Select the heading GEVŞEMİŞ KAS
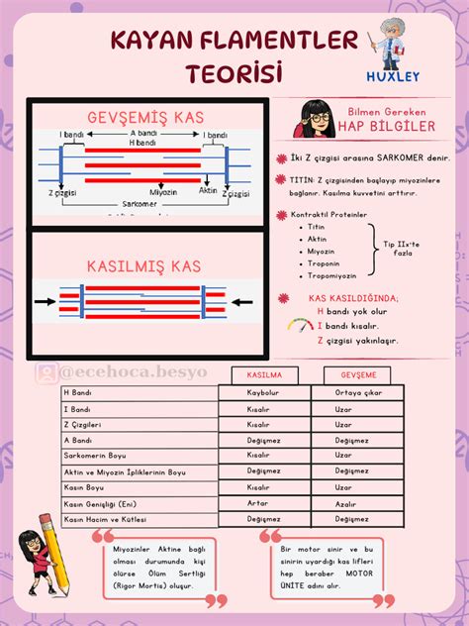pos(144,118)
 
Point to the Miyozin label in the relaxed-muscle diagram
pos(163,191)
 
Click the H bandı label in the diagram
pos(143,143)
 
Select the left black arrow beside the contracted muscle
pos(46,300)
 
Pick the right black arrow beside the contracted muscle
pos(246,300)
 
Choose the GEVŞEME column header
pos(357,375)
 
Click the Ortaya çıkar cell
pos(357,392)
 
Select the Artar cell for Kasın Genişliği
pos(260,503)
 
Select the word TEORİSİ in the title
pos(234,73)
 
